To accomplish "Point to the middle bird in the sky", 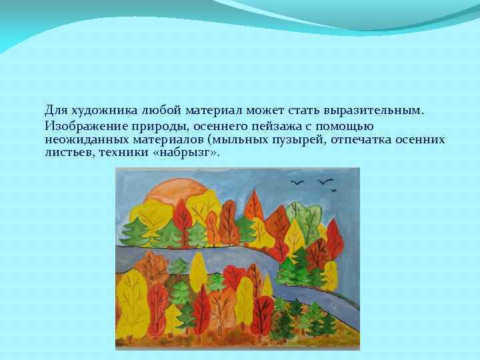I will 325,181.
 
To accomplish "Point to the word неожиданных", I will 81,139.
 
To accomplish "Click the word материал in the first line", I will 211,109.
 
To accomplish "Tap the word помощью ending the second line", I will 350,126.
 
